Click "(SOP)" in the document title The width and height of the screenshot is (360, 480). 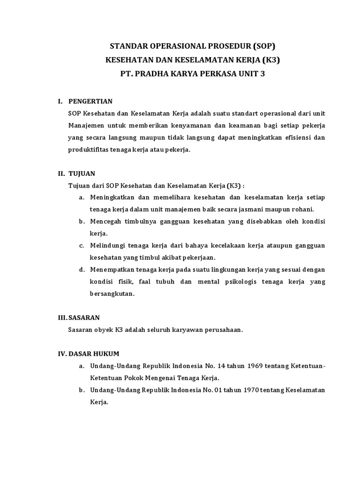coord(262,46)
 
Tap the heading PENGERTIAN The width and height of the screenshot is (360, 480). coord(90,101)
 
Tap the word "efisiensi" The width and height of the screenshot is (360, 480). coord(295,137)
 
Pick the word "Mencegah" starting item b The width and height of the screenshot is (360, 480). coord(106,221)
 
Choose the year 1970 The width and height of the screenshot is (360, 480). coord(253,390)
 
